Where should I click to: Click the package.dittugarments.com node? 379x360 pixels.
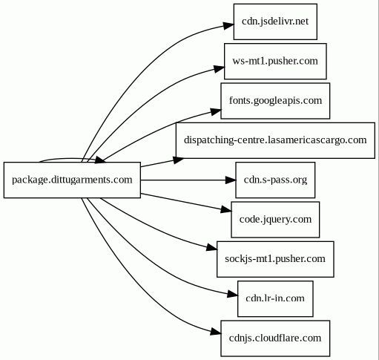[x=72, y=180]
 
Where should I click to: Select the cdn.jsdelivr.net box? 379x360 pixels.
[x=275, y=22]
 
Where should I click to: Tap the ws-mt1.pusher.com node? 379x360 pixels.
[x=275, y=61]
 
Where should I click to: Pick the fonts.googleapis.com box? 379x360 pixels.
[x=275, y=101]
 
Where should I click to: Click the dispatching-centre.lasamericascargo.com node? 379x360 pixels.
[x=275, y=140]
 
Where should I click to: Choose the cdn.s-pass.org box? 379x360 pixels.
[x=275, y=180]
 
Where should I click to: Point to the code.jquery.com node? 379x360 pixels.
[x=275, y=220]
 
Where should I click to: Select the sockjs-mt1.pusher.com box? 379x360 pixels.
[x=275, y=259]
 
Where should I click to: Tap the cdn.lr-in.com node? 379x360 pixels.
[x=275, y=298]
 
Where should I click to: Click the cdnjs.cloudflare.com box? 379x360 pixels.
[x=275, y=338]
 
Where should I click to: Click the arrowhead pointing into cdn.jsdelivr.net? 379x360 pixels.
[x=228, y=25]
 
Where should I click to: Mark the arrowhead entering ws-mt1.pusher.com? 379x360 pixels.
[x=219, y=68]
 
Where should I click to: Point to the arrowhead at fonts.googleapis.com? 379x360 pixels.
[x=216, y=111]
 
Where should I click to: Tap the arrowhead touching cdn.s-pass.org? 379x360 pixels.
[x=231, y=180]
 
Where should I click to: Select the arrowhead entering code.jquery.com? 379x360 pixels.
[x=226, y=210]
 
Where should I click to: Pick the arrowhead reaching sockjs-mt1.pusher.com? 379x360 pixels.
[x=211, y=248]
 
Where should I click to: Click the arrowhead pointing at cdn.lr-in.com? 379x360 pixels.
[x=232, y=294]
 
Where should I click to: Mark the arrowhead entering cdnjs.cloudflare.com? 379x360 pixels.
[x=216, y=332]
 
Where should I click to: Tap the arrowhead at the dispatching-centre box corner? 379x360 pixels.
[x=178, y=160]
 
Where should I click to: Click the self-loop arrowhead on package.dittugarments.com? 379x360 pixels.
[x=100, y=160]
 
